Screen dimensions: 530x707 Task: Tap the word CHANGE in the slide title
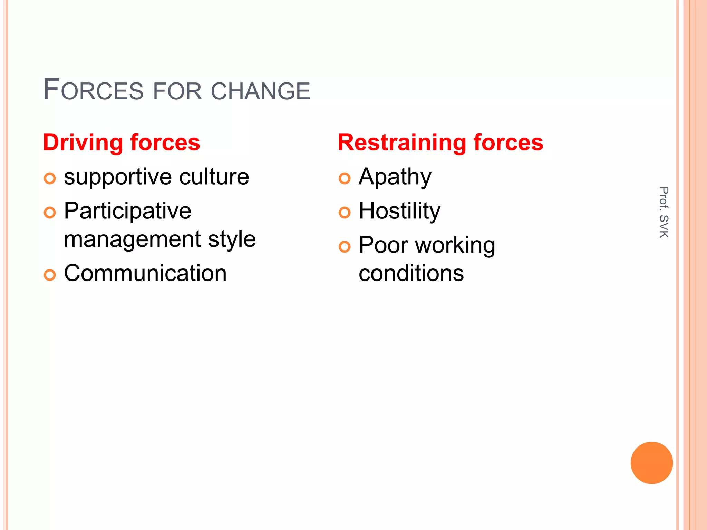[260, 91]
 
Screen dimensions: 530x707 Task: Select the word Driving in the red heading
[83, 143]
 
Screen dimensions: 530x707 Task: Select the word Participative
[128, 211]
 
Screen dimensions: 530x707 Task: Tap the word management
[133, 239]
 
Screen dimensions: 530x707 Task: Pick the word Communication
[145, 273]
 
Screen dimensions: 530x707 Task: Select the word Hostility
[399, 211]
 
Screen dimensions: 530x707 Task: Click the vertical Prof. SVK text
[664, 212]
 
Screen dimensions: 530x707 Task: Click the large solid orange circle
[651, 463]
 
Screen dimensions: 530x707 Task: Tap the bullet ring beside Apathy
[345, 178]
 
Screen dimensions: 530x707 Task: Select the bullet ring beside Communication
[50, 275]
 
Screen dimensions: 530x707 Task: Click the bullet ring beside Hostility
[345, 213]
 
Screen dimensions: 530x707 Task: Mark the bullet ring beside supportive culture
[50, 178]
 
